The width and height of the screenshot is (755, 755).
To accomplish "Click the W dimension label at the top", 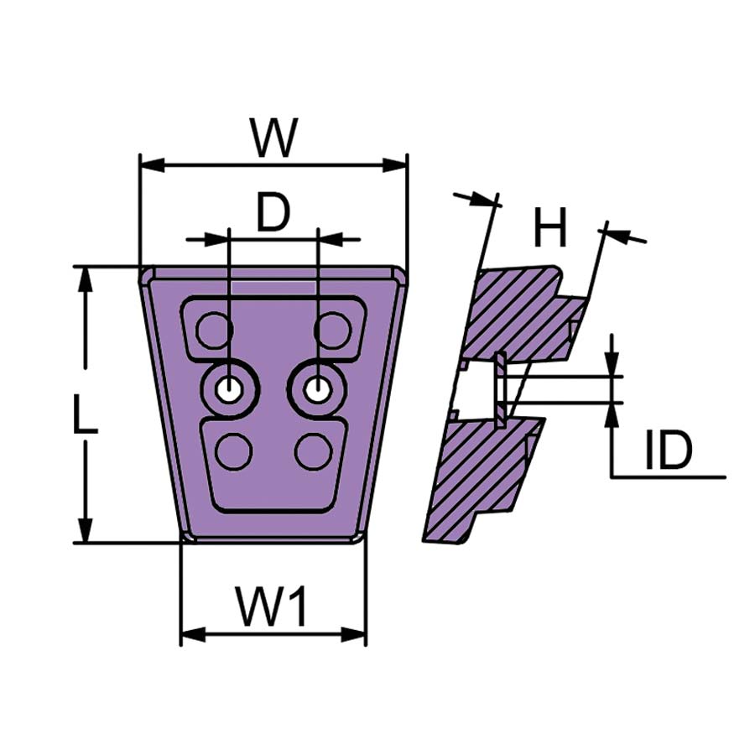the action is coord(274,138).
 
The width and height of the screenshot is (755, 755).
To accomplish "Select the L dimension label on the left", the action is coord(86,413).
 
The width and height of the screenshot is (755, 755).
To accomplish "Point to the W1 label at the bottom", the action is coord(272,607).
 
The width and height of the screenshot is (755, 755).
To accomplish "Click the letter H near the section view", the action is coord(549,227).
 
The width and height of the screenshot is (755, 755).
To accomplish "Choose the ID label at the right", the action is coord(669,450).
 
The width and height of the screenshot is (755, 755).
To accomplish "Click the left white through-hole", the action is coord(229,388).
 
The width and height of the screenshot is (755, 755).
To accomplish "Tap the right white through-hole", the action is coord(316,388).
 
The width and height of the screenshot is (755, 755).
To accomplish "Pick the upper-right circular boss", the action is coord(331,331).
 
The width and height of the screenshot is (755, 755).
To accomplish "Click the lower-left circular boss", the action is coord(233,451).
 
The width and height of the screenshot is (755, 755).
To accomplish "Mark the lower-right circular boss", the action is coord(314,451).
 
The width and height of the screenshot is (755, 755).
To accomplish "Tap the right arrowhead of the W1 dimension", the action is coord(353,633).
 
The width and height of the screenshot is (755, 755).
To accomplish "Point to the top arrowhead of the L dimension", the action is coord(86,279).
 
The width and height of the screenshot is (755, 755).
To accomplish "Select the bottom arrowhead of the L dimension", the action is coord(86,529).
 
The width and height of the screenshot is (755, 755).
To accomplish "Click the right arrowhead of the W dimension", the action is coord(395,165).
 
